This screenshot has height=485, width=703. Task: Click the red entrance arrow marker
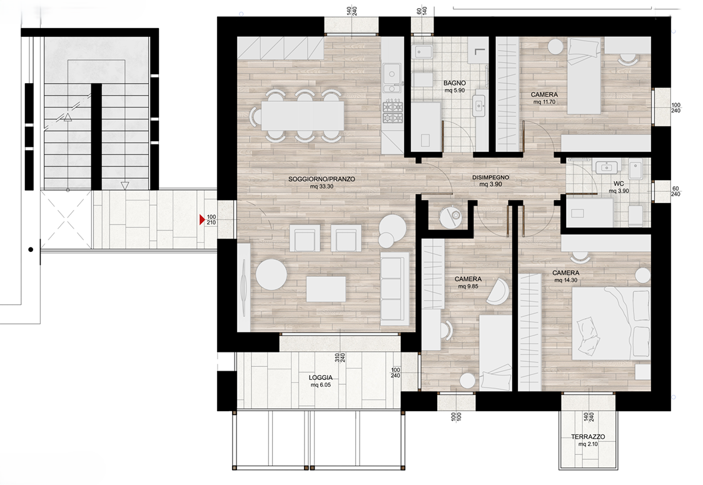pos(202,219)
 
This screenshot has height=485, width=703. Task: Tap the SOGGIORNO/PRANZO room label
pos(321,179)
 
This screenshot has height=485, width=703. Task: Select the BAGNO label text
pos(455,83)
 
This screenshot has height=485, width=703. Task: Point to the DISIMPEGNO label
pos(490,177)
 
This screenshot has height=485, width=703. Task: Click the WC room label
pos(619,184)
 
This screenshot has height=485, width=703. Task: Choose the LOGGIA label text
pos(321,377)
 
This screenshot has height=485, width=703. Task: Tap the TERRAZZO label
pos(588,437)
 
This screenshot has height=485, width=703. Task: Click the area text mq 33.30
pos(321,186)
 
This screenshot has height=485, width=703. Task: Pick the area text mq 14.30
pos(566,281)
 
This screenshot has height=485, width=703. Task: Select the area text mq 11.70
pos(544,102)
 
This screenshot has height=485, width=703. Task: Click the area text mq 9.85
pos(468,286)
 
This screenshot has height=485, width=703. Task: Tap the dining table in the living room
pos(303,116)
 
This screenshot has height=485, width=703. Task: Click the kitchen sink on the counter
pos(392,72)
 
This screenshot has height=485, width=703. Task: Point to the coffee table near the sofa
pos(326,289)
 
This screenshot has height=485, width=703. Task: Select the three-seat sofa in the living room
pos(395,289)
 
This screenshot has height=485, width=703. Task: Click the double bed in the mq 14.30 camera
pos(611,322)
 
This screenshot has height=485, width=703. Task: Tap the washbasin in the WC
pos(607,167)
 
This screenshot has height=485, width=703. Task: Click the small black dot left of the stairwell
pos(31,249)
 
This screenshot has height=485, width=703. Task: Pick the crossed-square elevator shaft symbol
pos(66,219)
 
